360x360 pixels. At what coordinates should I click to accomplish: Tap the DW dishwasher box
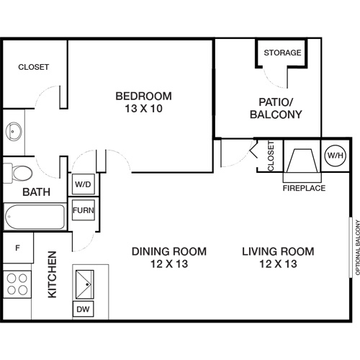(x=84, y=309)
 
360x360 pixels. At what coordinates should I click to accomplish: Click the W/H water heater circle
(x=335, y=155)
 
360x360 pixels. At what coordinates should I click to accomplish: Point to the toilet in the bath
(x=19, y=174)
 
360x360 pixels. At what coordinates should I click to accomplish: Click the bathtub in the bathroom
(x=34, y=215)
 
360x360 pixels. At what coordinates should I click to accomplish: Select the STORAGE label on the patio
(x=281, y=53)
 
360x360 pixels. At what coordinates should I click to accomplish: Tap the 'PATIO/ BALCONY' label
(x=275, y=108)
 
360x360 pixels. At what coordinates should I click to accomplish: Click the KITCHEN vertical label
(x=52, y=275)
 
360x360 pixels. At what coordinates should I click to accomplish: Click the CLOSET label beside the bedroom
(x=33, y=67)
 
